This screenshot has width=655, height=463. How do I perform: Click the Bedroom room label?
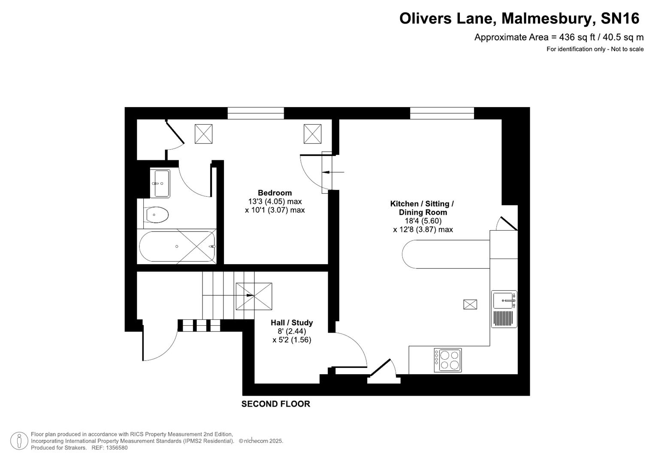275,193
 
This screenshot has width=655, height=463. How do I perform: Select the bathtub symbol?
177,247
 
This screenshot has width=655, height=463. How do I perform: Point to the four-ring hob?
448,360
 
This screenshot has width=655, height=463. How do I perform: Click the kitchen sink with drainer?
504,309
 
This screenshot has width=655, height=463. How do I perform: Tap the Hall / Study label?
292,323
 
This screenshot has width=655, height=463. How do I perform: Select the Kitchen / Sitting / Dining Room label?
423,208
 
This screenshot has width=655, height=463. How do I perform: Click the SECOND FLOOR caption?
275,404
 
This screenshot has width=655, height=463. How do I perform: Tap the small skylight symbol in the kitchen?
470,304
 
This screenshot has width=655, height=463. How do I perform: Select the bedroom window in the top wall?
256,113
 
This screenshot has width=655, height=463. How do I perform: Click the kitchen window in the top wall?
442,113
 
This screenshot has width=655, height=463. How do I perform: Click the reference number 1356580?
116,448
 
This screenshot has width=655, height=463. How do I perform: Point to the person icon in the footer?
19,441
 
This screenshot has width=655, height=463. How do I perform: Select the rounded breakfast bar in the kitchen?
446,254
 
